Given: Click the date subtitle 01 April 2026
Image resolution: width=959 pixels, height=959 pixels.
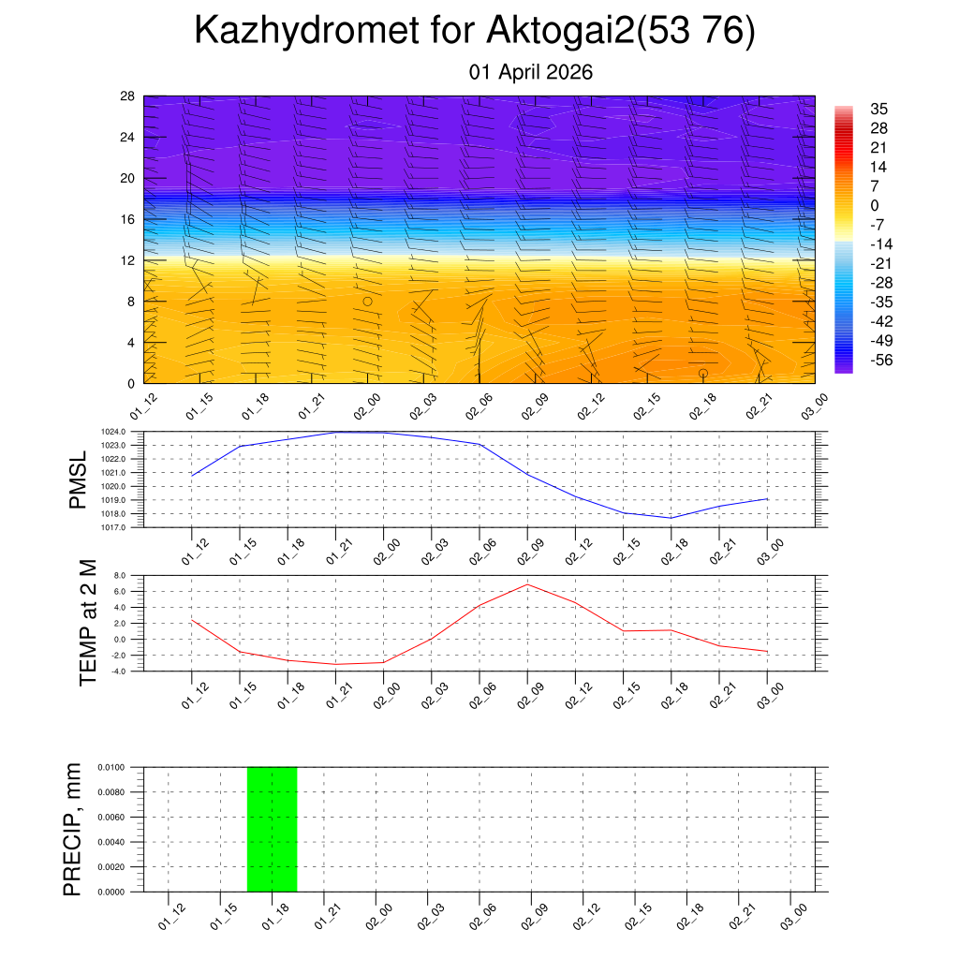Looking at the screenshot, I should click(x=531, y=72).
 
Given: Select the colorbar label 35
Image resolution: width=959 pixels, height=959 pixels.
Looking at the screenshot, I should click(x=878, y=108).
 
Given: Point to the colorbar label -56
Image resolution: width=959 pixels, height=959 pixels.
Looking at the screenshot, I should click(x=882, y=361).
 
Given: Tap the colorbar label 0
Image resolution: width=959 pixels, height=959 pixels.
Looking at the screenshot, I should click(x=874, y=205).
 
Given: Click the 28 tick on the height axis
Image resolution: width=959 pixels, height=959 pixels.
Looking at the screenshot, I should click(x=128, y=96).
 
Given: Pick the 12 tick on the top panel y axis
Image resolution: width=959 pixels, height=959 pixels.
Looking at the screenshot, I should click(x=128, y=260).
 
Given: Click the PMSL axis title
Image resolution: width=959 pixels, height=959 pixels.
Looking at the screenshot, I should click(x=79, y=480).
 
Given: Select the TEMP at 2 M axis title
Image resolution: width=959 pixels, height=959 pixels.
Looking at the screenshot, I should click(x=88, y=622).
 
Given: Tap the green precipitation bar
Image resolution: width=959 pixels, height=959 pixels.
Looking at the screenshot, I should click(x=272, y=829).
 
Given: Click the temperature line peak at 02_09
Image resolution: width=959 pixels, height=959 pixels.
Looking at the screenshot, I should click(x=527, y=584).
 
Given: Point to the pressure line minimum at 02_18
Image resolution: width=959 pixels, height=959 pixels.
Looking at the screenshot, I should click(x=671, y=518).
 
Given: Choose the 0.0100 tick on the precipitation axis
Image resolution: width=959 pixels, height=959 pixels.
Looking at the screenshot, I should click(x=111, y=767).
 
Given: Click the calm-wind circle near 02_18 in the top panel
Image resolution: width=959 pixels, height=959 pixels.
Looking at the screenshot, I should click(x=702, y=373).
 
